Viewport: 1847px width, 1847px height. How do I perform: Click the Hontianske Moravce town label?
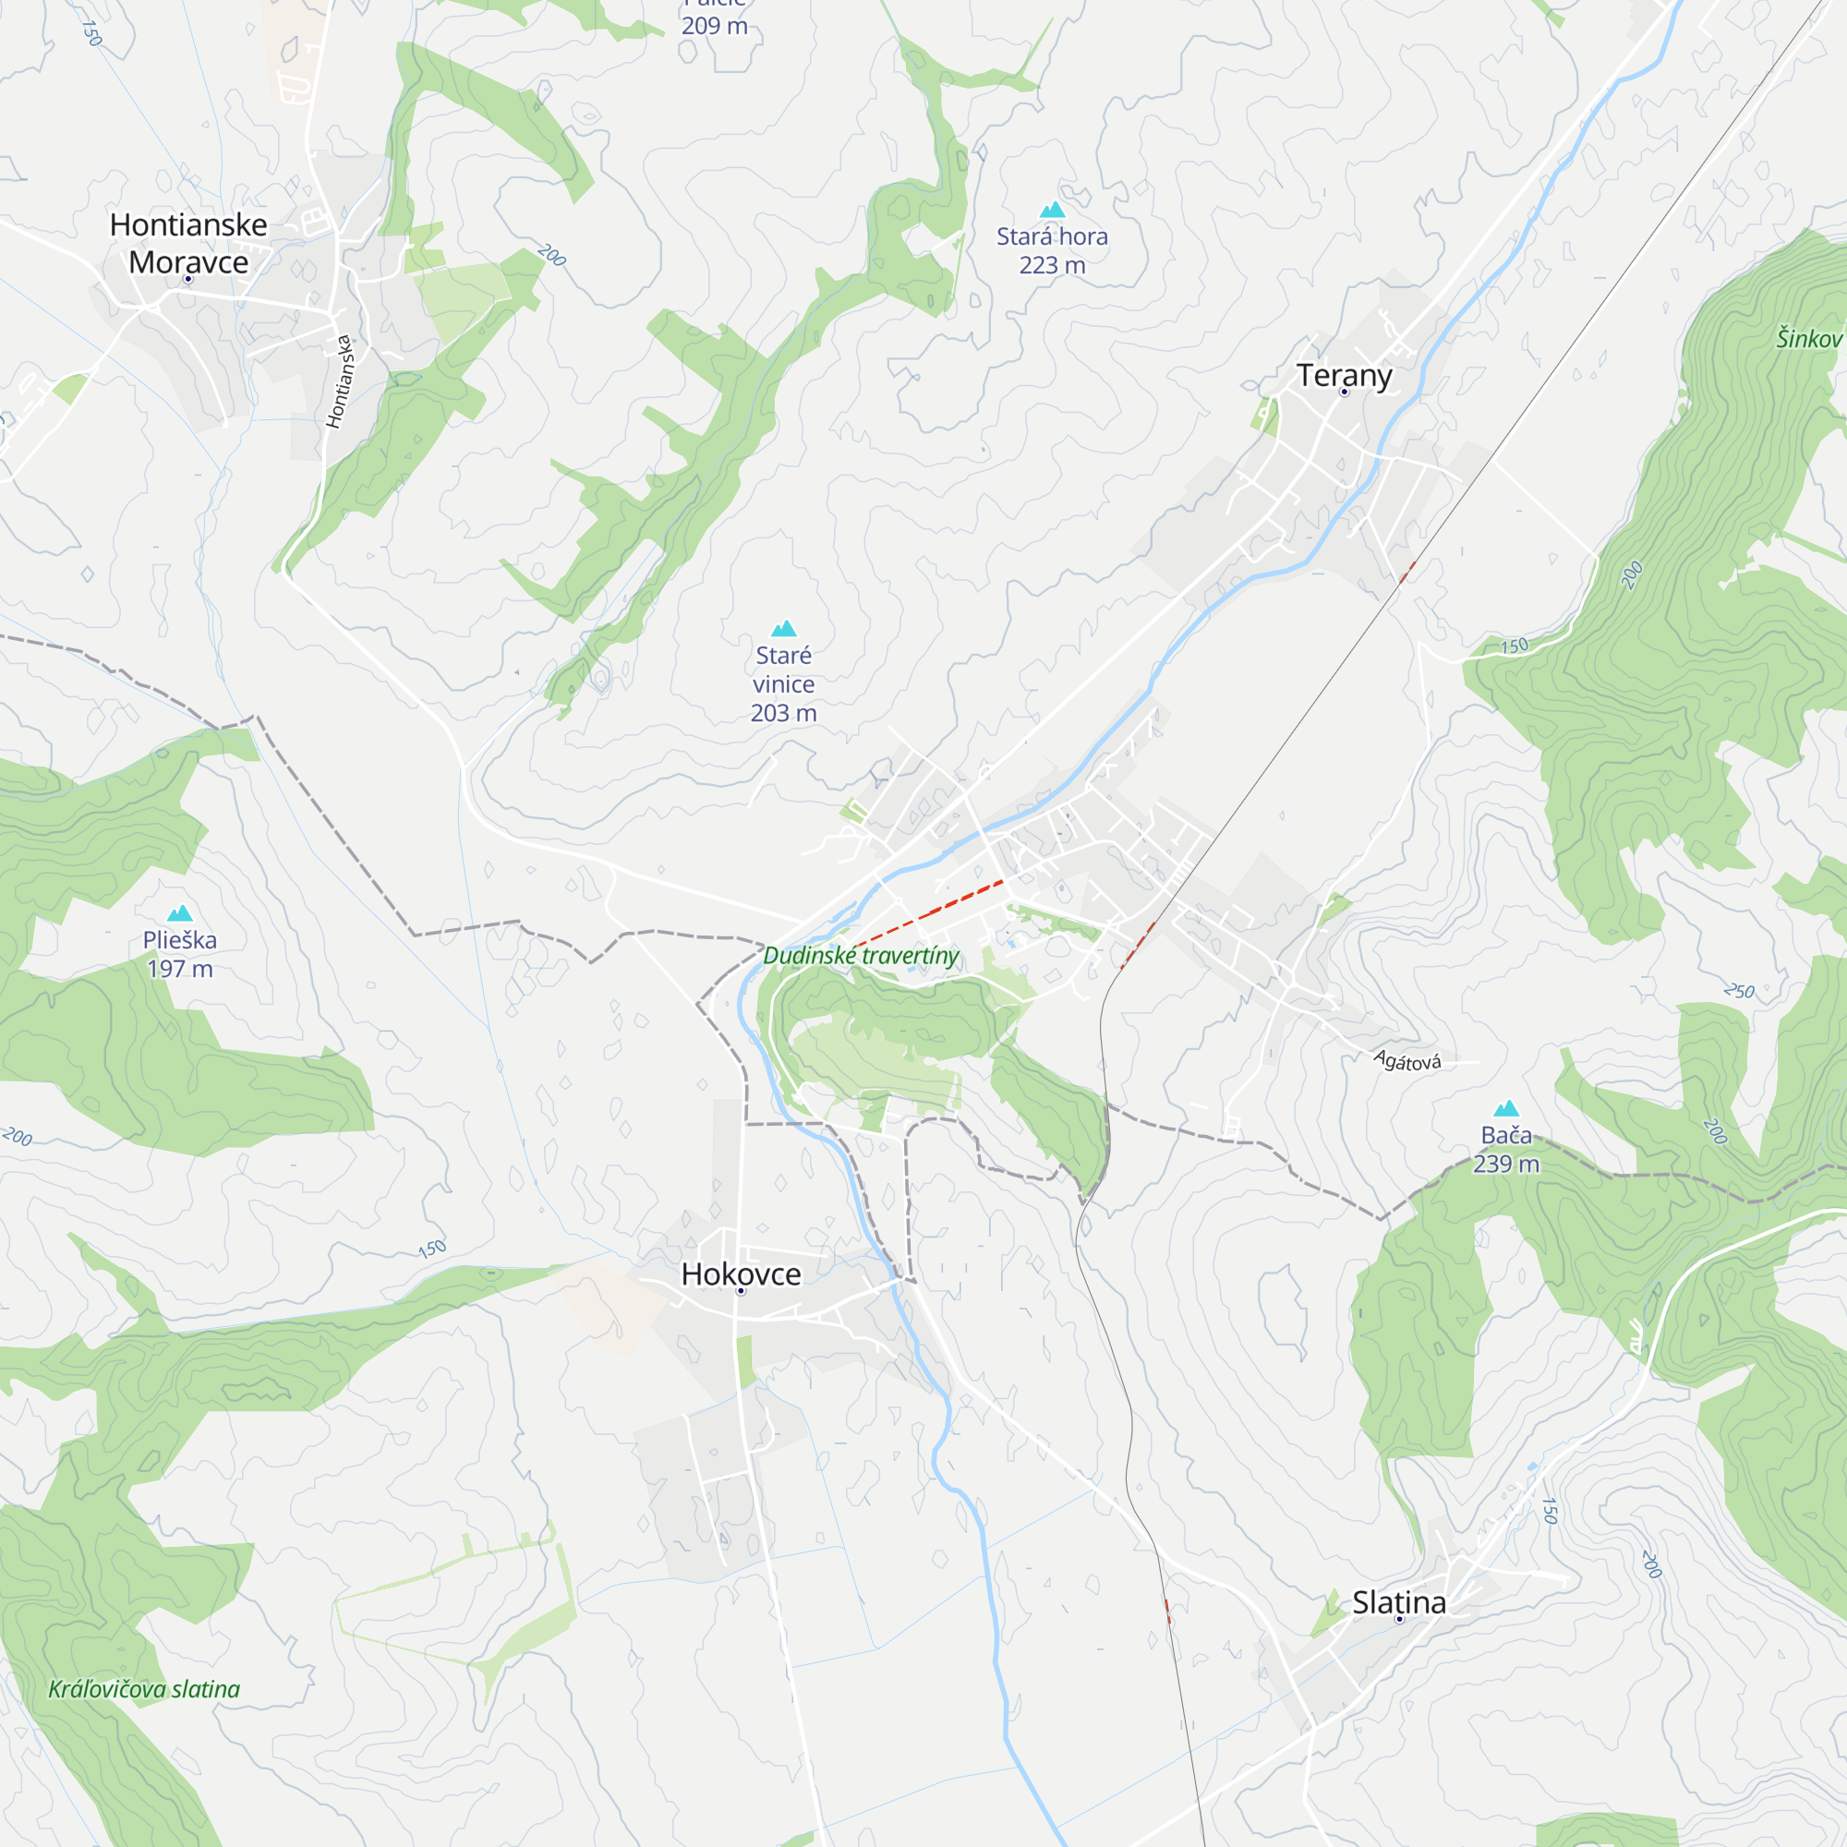188,243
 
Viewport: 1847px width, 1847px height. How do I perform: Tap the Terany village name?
1343,375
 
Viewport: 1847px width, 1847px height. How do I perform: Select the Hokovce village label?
741,1274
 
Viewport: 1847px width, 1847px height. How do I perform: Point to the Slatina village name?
1398,1602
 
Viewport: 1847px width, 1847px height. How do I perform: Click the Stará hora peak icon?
1052,210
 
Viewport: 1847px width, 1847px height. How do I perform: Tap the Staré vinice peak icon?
784,628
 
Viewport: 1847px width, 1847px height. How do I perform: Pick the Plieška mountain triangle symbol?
180,913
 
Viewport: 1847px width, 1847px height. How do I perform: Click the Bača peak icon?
1506,1108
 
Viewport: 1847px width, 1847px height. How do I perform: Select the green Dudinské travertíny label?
861,955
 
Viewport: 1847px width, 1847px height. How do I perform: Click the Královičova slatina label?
144,1689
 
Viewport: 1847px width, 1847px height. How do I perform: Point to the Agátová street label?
1406,1061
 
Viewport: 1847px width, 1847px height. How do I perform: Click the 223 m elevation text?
1052,266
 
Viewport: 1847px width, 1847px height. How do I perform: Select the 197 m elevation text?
180,969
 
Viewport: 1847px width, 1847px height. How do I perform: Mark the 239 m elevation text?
1505,1164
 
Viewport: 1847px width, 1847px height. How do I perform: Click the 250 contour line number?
1740,990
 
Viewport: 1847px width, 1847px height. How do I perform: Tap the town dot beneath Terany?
1344,392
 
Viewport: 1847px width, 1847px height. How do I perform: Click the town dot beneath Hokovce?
741,1291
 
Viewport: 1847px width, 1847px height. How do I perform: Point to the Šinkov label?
1809,338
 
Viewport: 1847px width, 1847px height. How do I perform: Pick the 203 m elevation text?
784,713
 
